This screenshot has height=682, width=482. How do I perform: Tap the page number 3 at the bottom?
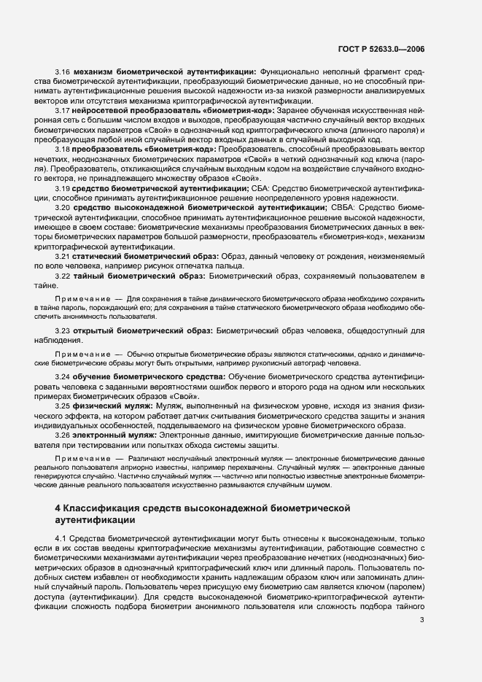click(x=422, y=621)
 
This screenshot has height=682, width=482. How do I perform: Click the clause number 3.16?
click(x=62, y=71)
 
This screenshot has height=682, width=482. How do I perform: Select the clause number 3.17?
click(x=62, y=109)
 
